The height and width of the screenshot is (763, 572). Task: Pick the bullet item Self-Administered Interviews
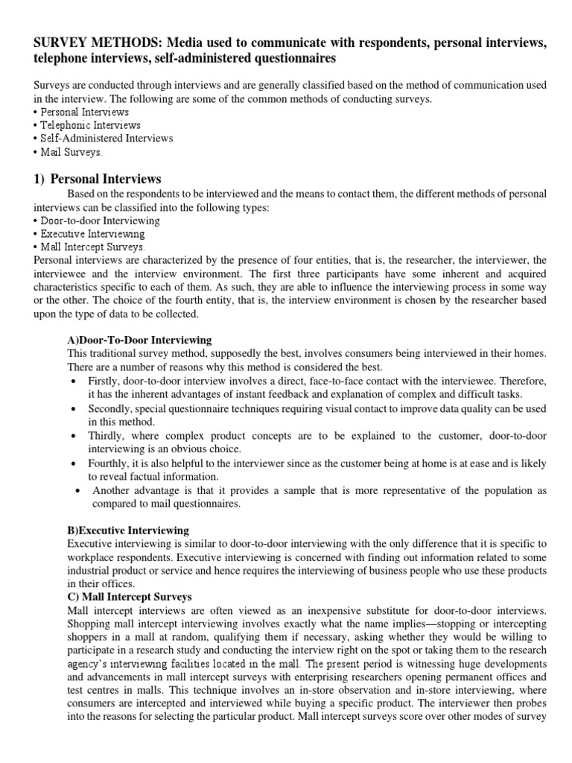tap(104, 139)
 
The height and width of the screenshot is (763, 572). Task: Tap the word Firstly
tap(105, 381)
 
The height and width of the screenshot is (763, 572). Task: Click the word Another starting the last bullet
tap(112, 491)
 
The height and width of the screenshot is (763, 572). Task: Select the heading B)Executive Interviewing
tap(128, 531)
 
